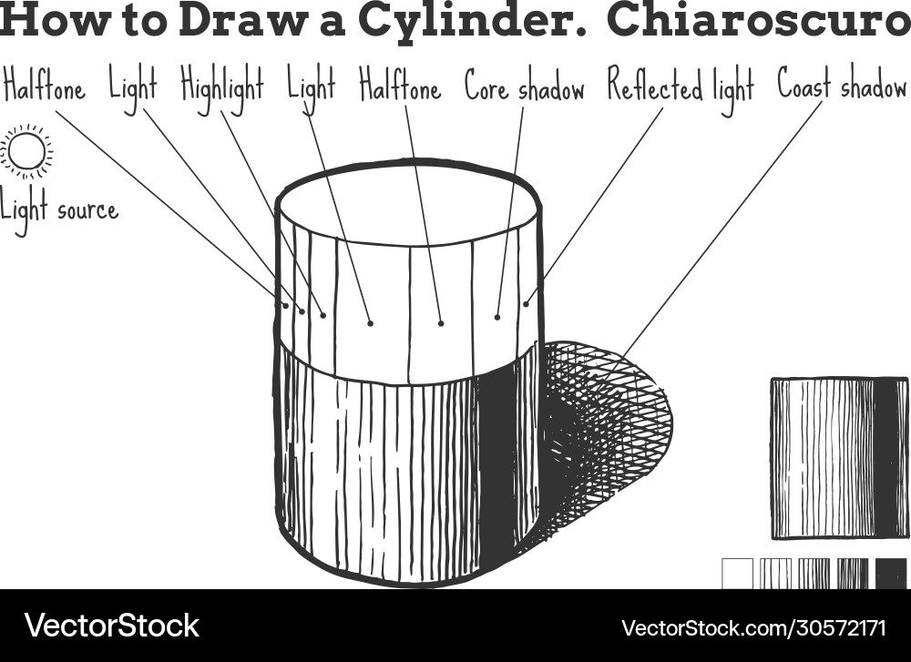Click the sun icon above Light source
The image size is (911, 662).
point(26,151)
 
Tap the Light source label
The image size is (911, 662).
point(59,210)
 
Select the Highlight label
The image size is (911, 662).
point(221,87)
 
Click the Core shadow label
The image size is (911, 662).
point(524,88)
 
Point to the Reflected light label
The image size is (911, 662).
point(681,88)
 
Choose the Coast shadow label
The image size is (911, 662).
point(841,87)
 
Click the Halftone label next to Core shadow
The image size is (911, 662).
point(399,87)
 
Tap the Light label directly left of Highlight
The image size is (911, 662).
point(133,87)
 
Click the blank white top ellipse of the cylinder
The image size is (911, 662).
point(407,205)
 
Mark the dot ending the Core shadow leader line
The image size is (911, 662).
point(497,317)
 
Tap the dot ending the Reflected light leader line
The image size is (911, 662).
point(526,304)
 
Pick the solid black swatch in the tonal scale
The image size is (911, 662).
point(891,573)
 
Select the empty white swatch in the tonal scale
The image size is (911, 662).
point(738,573)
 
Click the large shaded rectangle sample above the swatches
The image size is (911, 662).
point(838,458)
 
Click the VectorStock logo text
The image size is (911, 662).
point(111,626)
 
